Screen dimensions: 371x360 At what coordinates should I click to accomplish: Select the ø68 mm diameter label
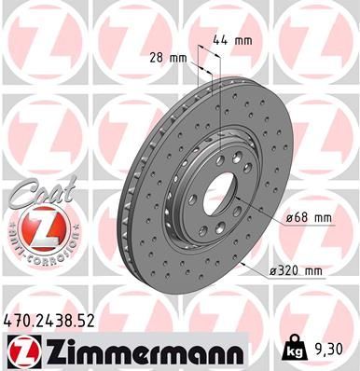pos(308,219)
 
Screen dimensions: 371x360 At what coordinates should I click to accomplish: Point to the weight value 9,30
pos(336,350)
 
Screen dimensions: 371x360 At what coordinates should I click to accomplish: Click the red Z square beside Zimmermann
pos(18,350)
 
